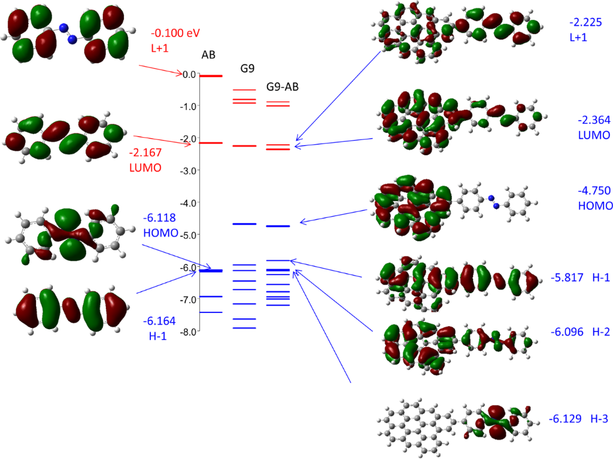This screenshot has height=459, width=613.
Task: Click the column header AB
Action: click(x=208, y=55)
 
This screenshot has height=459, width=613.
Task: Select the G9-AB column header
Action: click(x=282, y=87)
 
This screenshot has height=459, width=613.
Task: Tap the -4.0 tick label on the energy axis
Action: click(x=189, y=203)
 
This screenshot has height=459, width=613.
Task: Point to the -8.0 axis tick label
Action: click(x=189, y=332)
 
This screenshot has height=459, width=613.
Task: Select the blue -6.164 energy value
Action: click(x=159, y=321)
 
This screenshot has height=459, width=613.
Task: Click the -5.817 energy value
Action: click(x=568, y=278)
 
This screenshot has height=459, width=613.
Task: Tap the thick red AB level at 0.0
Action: click(x=211, y=76)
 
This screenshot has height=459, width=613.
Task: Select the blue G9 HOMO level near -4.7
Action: click(x=244, y=224)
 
